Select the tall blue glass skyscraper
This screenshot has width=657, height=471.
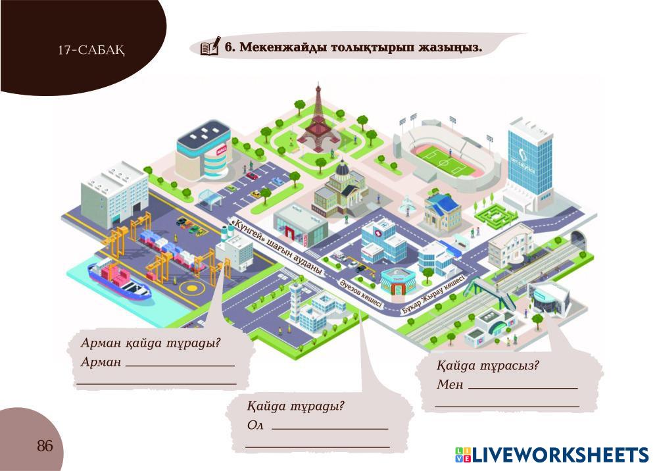click(x=530, y=158)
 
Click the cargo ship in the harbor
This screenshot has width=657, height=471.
click(x=120, y=277)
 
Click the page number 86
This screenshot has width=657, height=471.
click(x=45, y=447)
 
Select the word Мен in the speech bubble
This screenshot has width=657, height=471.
click(x=450, y=384)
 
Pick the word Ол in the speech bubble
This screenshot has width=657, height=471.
click(x=255, y=425)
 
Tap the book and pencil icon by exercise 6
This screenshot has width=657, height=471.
click(x=210, y=47)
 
